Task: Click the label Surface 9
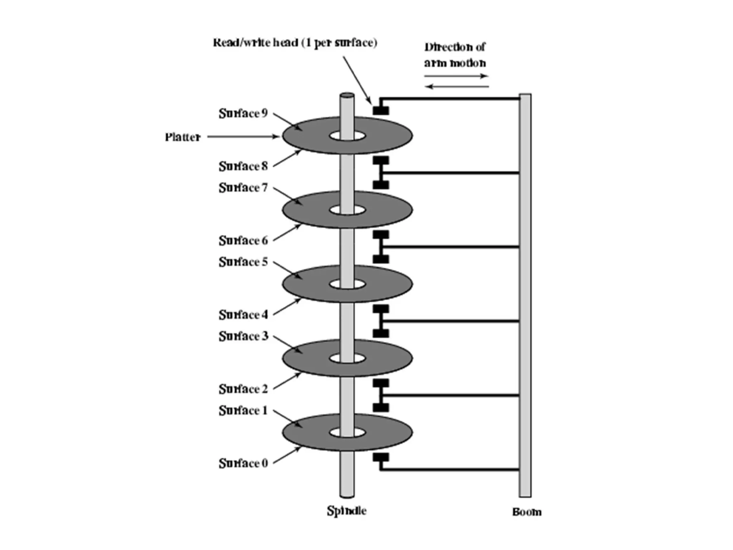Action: coord(243,114)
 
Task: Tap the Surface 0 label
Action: coord(243,463)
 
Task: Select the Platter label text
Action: coord(183,137)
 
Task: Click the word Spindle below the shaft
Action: coord(346,511)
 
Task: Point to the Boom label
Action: coord(526,512)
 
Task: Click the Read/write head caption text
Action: coord(295,43)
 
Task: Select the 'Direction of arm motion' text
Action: coord(455,55)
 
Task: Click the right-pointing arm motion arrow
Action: coord(456,76)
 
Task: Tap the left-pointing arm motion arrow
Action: coord(458,87)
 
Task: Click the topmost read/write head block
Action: coord(381,110)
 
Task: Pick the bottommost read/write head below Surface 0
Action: coord(381,457)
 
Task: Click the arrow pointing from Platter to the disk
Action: coord(243,136)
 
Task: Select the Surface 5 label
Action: coord(243,262)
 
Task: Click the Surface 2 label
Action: coord(243,389)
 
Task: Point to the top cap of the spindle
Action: coord(347,96)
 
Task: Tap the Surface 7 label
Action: coord(243,188)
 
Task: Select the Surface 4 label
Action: coord(243,315)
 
